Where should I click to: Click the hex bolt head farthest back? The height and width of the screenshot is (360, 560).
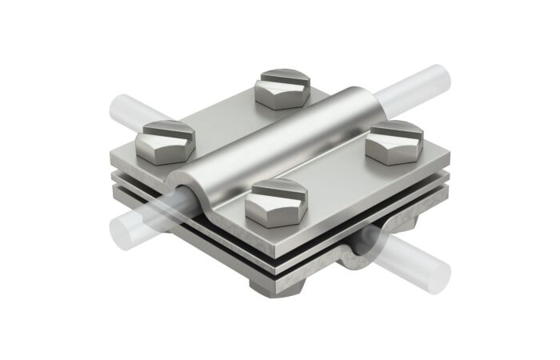click(282, 90)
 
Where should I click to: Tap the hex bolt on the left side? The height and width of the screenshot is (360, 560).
click(166, 140)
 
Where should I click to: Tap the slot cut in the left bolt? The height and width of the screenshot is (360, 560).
click(166, 130)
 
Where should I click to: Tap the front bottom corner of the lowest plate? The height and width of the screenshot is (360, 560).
click(277, 276)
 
